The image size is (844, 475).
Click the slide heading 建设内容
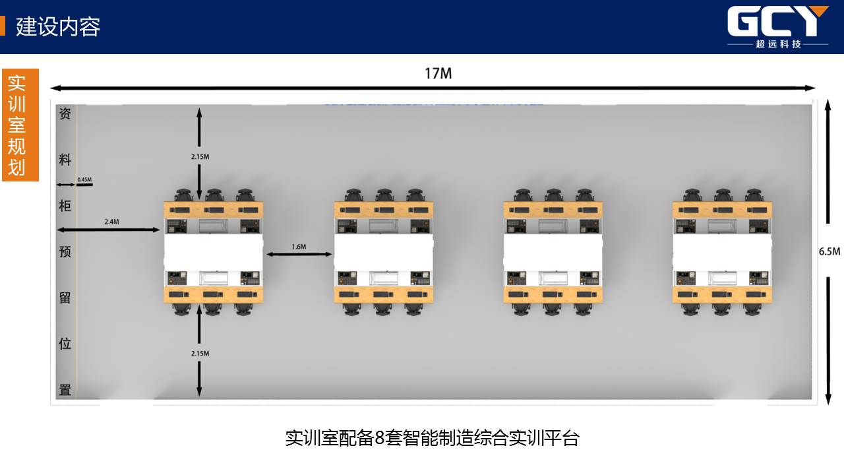point(58,27)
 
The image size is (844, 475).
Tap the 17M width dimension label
point(438,73)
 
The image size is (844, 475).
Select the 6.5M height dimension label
point(829,251)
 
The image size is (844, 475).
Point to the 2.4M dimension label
point(111,222)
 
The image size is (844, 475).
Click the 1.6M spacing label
point(299,247)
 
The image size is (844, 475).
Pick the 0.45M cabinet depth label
point(84,179)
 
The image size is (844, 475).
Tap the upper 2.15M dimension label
point(200,156)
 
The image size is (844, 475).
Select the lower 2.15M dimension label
point(200,354)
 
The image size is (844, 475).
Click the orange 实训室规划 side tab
point(20,125)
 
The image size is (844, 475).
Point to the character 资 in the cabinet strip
point(65,113)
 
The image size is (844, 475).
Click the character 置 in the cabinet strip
point(65,389)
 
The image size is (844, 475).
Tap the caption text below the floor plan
point(432,438)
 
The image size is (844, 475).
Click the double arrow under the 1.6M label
point(299,255)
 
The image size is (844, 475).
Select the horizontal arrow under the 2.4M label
point(109,230)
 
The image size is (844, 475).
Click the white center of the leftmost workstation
point(213,252)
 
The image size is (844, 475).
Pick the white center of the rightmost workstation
point(722,252)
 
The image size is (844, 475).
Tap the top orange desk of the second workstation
point(384,210)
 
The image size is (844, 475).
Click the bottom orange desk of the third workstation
point(553,294)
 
